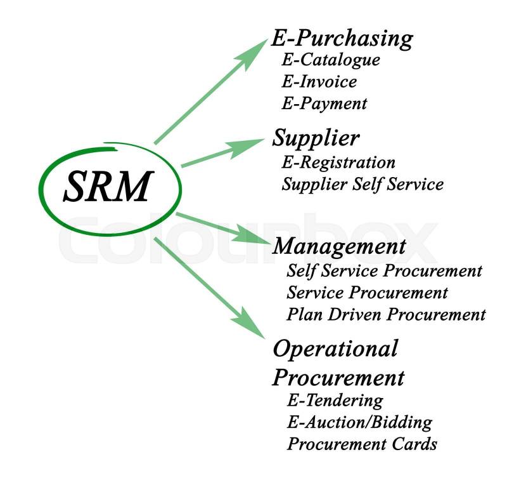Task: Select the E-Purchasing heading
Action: pos(342,39)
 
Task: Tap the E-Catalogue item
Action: pos(331,60)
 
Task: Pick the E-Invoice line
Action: pos(319,82)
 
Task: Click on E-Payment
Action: pos(324,103)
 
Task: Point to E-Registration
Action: pos(338,163)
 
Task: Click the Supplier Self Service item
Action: pos(362,184)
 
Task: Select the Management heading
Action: pos(338,246)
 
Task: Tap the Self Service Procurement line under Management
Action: pos(384,271)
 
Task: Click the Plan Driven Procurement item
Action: pos(386,314)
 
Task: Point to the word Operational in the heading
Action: pos(335,349)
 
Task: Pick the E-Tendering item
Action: pos(335,401)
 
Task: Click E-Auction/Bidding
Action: pos(359,422)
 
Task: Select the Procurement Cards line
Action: pos(361,443)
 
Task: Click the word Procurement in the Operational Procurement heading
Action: pos(338,377)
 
